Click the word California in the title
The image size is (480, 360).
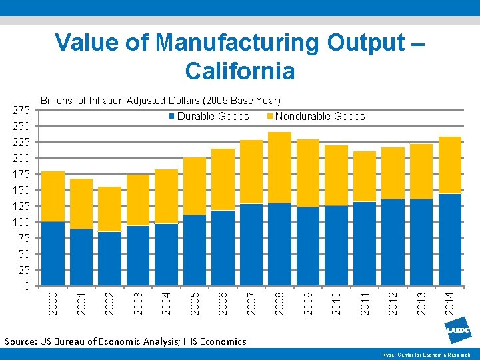tap(240, 70)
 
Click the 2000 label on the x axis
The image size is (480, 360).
tap(53, 301)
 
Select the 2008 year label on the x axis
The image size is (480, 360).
tap(280, 301)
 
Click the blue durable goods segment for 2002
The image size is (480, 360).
tap(109, 259)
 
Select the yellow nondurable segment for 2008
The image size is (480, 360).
tap(280, 167)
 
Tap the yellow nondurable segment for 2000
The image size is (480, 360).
tap(53, 197)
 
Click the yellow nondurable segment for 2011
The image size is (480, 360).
tap(365, 177)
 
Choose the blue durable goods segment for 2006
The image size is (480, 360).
tap(223, 248)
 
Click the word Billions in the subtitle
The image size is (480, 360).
tap(57, 101)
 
